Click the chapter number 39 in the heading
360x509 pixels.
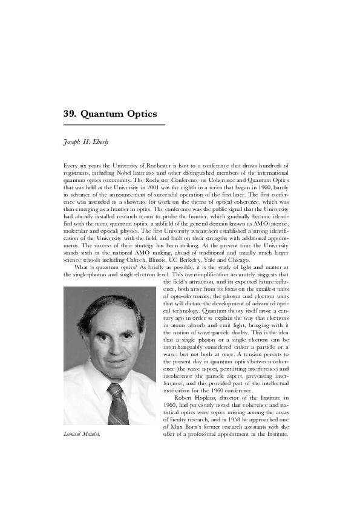(x=70, y=114)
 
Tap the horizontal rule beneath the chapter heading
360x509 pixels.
(x=114, y=125)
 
